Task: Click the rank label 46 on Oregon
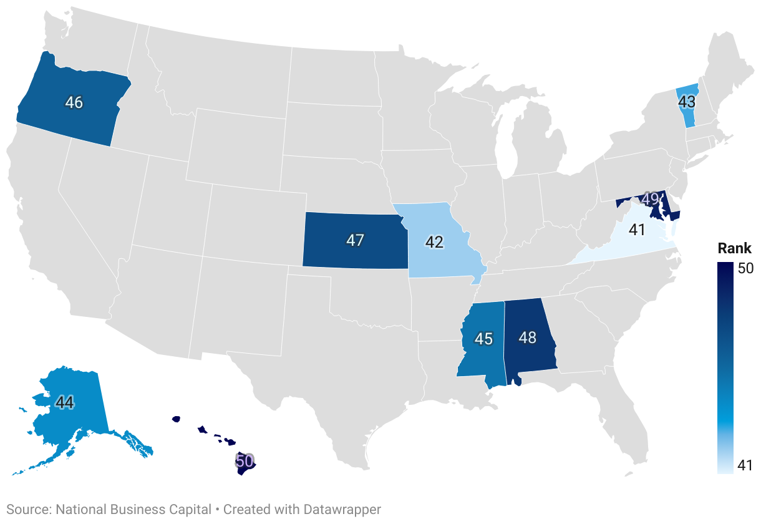tap(74, 102)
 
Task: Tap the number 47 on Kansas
tap(355, 240)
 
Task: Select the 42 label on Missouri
tap(434, 242)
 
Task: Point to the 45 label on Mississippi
tap(483, 339)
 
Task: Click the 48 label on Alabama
tap(528, 337)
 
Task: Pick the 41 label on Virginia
tap(637, 230)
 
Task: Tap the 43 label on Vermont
tap(687, 101)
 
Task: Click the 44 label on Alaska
tap(65, 402)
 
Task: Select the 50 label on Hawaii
tap(245, 462)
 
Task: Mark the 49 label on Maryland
tap(651, 199)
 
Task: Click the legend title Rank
tap(734, 248)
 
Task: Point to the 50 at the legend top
tap(745, 268)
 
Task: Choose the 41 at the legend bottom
tap(745, 465)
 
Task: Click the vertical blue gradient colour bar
tap(725, 368)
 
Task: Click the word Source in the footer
tap(27, 509)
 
